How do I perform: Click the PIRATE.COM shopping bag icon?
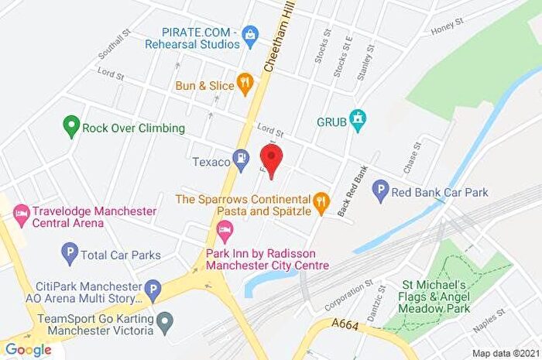click(x=250, y=33)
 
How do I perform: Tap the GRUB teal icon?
click(x=357, y=120)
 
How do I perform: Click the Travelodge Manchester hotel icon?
click(x=21, y=211)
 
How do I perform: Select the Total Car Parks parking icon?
click(x=70, y=252)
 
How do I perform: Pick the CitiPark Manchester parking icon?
click(x=154, y=290)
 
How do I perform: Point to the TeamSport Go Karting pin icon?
click(x=164, y=320)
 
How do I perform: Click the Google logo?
click(x=29, y=350)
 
